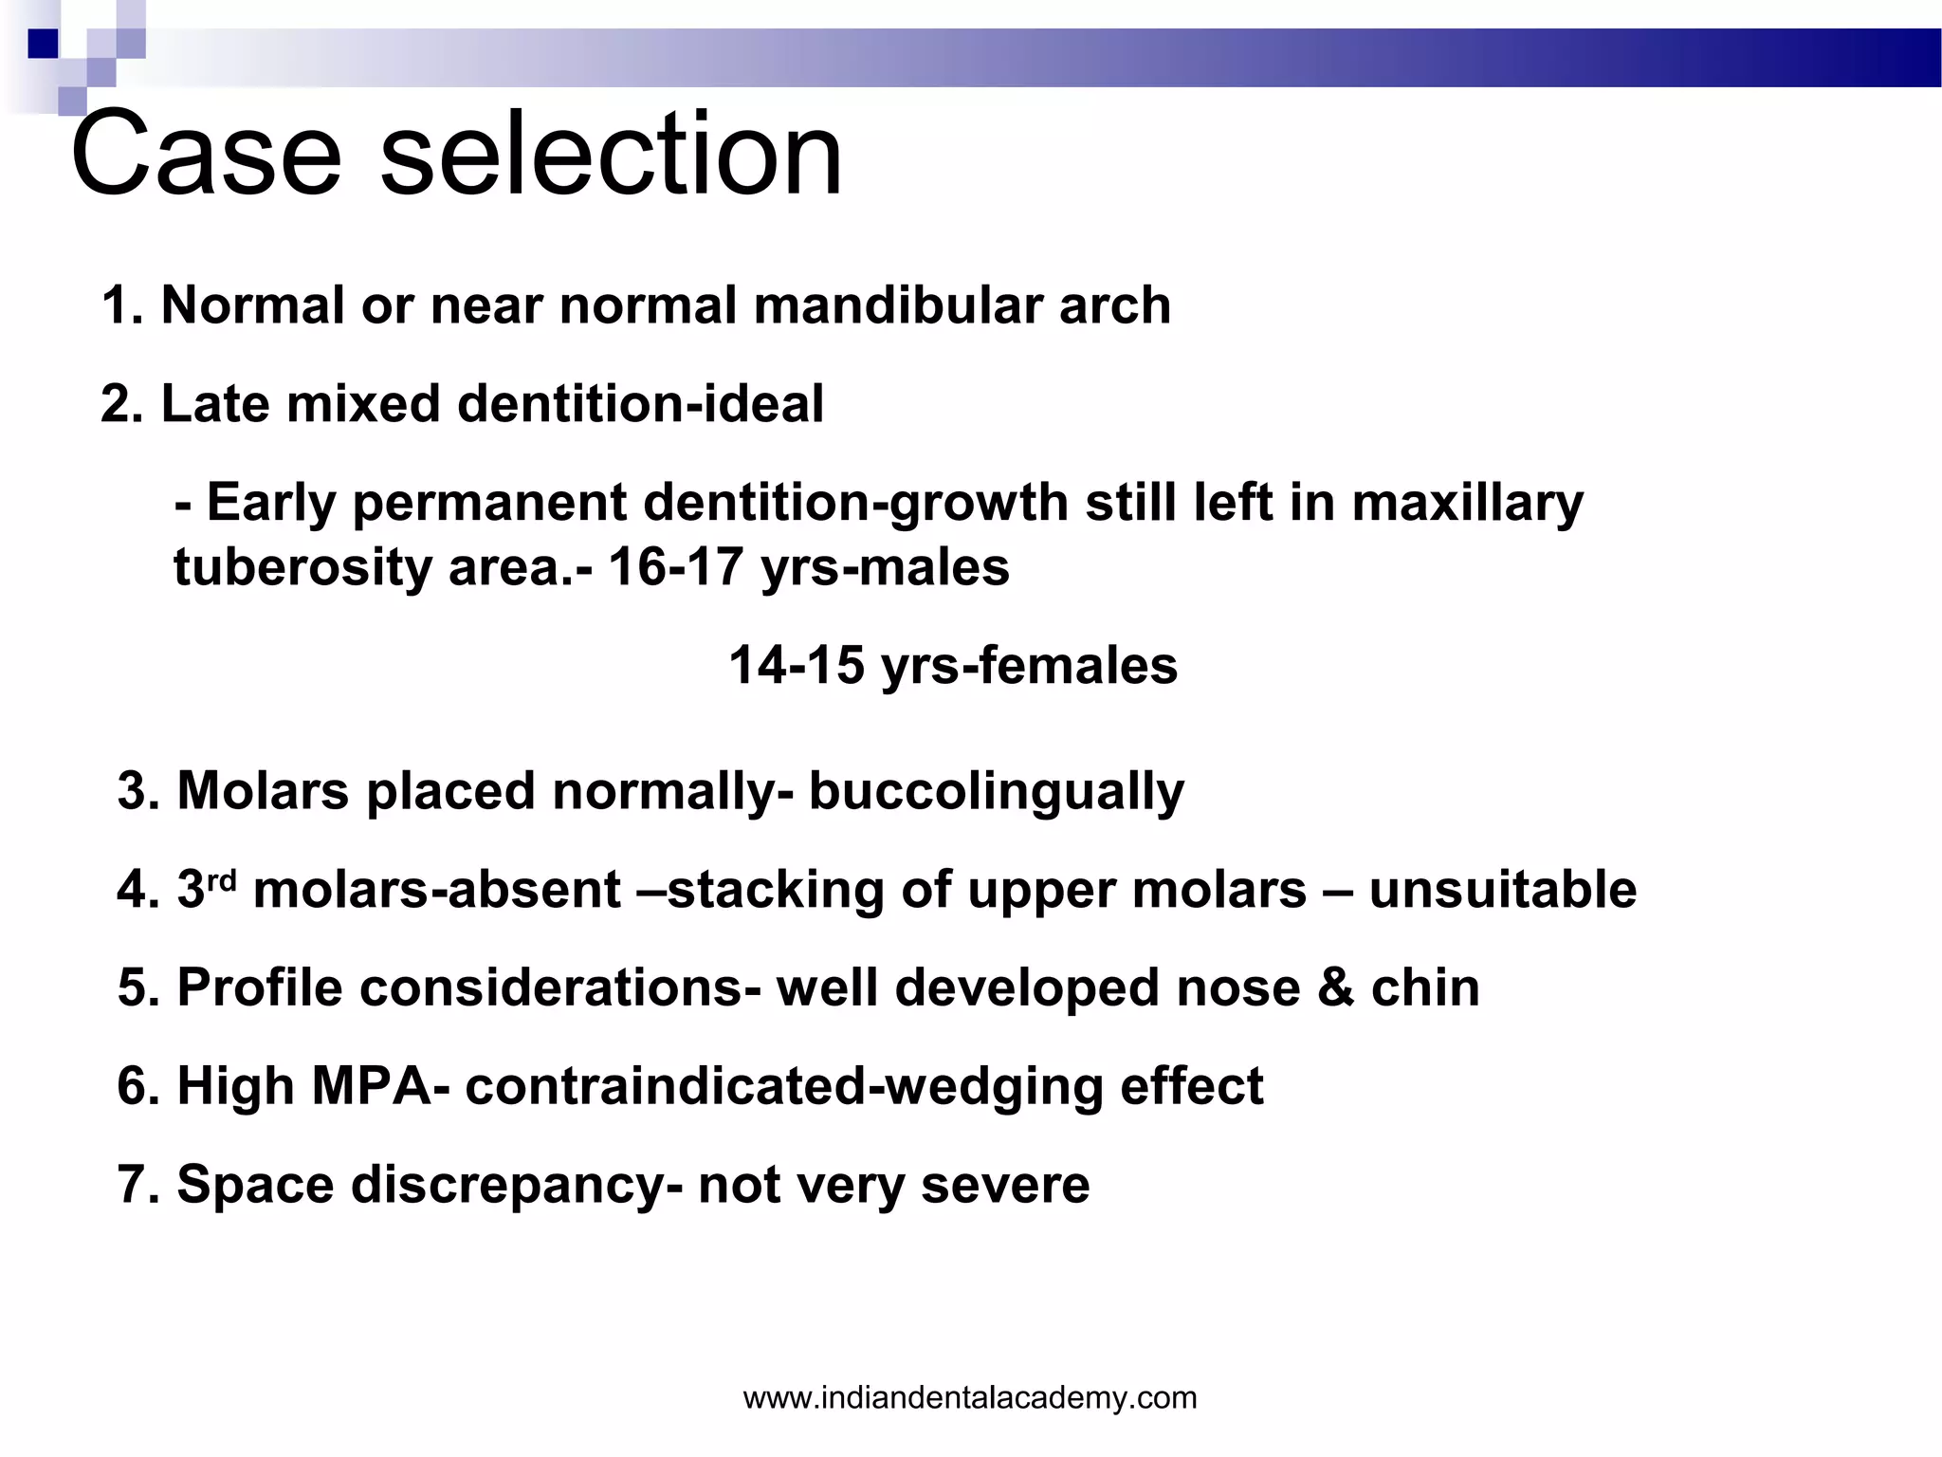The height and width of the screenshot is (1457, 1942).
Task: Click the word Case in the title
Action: point(205,154)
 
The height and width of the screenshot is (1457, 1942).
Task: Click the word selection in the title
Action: point(611,154)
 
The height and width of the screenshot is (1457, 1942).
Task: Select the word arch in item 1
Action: point(1114,306)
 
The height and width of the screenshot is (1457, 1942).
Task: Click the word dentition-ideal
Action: point(640,404)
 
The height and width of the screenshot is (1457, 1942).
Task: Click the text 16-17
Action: point(674,567)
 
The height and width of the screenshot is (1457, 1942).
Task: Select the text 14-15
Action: point(797,666)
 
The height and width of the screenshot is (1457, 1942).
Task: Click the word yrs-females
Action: point(1029,666)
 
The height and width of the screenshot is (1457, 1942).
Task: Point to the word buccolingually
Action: point(996,792)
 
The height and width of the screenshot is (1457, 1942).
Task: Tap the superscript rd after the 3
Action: point(221,879)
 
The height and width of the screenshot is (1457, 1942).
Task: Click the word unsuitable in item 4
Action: point(1503,890)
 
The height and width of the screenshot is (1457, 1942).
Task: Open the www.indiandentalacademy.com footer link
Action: point(970,1397)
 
